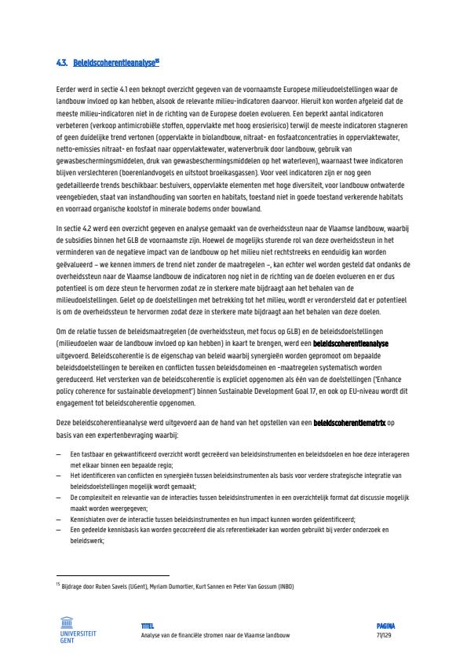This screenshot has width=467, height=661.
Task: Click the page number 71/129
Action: pyautogui.click(x=384, y=635)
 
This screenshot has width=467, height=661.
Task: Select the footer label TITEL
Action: pyautogui.click(x=147, y=626)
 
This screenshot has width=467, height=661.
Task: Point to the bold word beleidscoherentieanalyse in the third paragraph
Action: pyautogui.click(x=350, y=343)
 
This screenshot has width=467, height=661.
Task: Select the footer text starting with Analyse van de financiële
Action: pyautogui.click(x=213, y=635)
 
